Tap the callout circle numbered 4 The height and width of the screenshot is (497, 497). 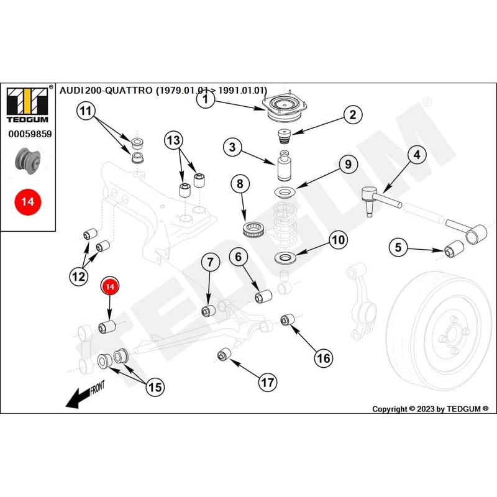(x=416, y=155)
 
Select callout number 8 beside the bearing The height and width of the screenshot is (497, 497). (x=240, y=184)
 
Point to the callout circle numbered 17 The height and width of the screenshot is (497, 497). (x=268, y=382)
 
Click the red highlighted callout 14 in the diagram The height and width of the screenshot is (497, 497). (x=110, y=286)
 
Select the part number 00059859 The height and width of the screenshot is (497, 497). (x=29, y=134)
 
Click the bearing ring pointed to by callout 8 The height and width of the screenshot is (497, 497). (x=255, y=229)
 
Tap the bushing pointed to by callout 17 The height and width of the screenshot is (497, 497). (x=224, y=355)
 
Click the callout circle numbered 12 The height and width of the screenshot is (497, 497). (x=78, y=277)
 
